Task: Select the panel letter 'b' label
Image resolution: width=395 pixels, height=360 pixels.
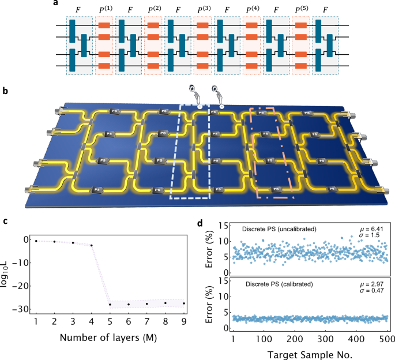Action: point(6,91)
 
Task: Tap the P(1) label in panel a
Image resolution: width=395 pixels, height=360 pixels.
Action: point(104,10)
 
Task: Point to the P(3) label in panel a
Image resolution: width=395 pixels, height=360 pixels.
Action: point(203,10)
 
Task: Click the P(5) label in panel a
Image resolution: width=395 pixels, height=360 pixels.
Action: point(301,10)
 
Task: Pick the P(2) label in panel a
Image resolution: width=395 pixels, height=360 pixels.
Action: point(153,10)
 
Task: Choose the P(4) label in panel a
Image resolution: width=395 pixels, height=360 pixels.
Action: point(252,10)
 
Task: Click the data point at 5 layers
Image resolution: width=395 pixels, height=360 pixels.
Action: point(110,305)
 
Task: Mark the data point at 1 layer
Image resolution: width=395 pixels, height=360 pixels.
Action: point(36,241)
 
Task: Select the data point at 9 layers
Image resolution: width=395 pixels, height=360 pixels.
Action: point(184,303)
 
